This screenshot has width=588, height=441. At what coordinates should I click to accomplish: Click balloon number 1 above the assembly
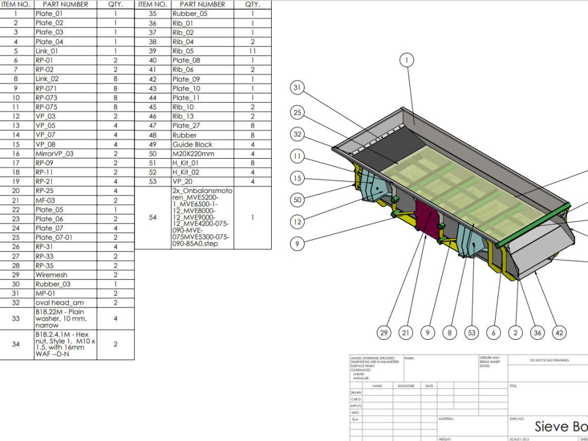[x=407, y=60]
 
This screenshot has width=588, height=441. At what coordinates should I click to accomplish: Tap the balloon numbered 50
[x=298, y=200]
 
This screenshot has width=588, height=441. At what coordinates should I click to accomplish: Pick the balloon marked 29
[x=384, y=333]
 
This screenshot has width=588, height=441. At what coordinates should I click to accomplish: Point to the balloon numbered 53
[x=471, y=333]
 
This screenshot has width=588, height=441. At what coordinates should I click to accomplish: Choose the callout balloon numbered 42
[x=560, y=333]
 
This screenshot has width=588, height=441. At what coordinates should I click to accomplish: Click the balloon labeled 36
[x=537, y=333]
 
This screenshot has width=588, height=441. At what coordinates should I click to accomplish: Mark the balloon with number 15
[x=298, y=178]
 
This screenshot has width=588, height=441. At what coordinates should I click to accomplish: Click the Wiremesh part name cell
[x=51, y=275]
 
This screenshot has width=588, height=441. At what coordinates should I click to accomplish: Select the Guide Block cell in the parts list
[x=192, y=144]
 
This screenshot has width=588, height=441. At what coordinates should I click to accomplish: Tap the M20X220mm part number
[x=193, y=153]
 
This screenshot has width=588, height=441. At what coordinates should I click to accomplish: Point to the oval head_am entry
[x=59, y=303]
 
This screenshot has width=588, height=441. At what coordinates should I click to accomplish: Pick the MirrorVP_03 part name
[x=54, y=153]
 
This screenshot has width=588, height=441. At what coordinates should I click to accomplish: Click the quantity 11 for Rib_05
[x=252, y=51]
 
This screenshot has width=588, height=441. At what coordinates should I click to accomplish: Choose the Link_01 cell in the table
[x=47, y=51]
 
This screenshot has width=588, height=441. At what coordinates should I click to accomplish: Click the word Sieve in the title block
[x=552, y=426]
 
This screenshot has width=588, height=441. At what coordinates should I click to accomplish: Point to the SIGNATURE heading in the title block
[x=406, y=386]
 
